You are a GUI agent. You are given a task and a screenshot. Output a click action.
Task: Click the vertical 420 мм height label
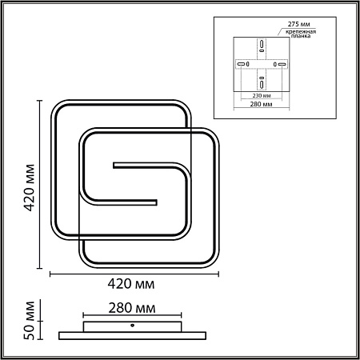(30, 188)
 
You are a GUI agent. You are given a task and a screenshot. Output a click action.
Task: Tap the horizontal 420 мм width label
(131, 284)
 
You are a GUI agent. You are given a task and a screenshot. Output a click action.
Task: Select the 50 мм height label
(30, 320)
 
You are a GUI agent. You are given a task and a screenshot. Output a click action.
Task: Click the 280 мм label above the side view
(132, 308)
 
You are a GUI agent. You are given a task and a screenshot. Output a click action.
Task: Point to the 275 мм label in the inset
(298, 24)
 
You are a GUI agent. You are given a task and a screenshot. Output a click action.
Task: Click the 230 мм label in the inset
(262, 95)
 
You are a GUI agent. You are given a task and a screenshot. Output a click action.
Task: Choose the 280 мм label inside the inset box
(261, 104)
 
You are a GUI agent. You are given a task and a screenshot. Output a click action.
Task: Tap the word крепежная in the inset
(301, 32)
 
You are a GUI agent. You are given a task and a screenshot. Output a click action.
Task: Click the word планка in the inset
(301, 36)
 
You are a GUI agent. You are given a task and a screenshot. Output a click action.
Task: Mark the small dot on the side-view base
(132, 326)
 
